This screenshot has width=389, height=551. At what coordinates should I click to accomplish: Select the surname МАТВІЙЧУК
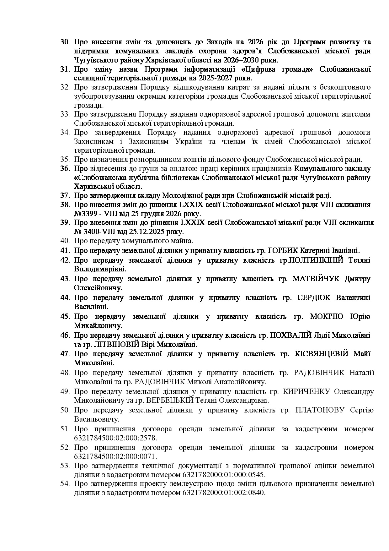click(316, 279)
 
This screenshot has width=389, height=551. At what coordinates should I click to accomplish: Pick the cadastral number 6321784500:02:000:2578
click(115, 438)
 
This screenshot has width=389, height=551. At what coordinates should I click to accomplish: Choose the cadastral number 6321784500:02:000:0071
click(115, 456)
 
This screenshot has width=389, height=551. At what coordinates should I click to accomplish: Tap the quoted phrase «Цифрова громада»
click(285, 69)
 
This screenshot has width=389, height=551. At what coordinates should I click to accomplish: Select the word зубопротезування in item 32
click(101, 96)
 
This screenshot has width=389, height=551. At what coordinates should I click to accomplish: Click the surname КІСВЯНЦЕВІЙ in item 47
click(322, 354)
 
